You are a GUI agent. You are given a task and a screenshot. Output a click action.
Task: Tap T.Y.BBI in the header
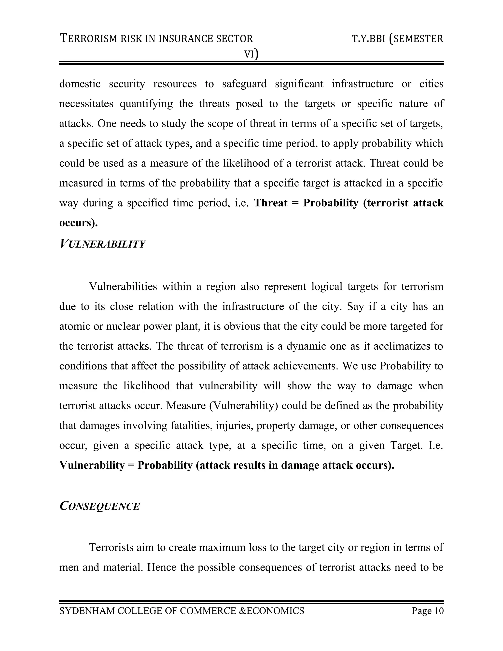click(369, 39)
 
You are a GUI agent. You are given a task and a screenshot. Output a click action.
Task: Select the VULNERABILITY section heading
click(102, 244)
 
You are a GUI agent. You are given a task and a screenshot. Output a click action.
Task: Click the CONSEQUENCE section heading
click(99, 506)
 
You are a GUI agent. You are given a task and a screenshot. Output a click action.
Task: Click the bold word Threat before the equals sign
click(271, 203)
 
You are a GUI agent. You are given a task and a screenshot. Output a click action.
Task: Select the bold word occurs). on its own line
click(79, 223)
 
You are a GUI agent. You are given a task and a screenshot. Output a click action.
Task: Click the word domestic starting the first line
click(80, 84)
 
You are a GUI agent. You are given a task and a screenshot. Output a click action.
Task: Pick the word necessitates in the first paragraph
click(85, 104)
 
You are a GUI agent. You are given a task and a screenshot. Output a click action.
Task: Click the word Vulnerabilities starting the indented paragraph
click(123, 286)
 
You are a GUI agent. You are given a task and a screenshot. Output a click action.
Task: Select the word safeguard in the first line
click(244, 84)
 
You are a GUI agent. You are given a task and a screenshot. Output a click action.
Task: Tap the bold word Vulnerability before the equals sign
click(92, 465)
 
